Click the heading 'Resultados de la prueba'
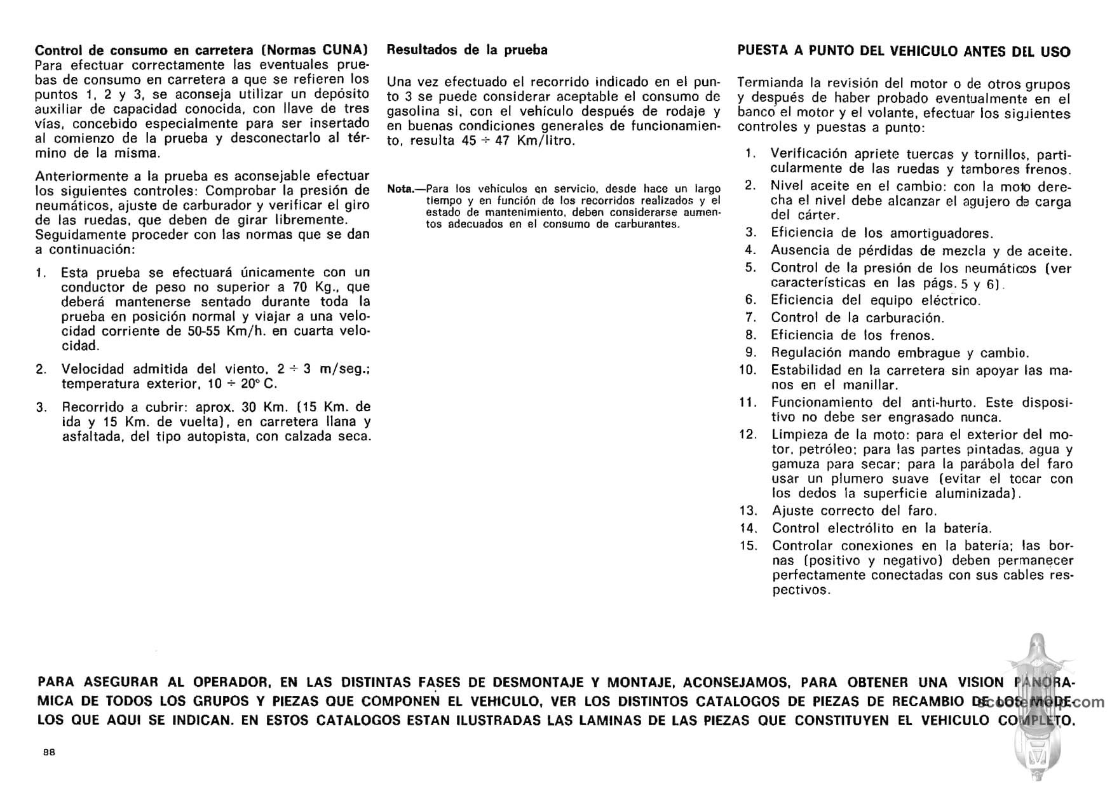pyautogui.click(x=467, y=50)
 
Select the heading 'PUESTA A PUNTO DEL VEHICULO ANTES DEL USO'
pyautogui.click(x=904, y=51)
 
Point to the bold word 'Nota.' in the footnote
pyautogui.click(x=400, y=189)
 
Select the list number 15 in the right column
pyautogui.click(x=749, y=545)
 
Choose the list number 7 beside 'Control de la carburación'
pyautogui.click(x=750, y=317)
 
